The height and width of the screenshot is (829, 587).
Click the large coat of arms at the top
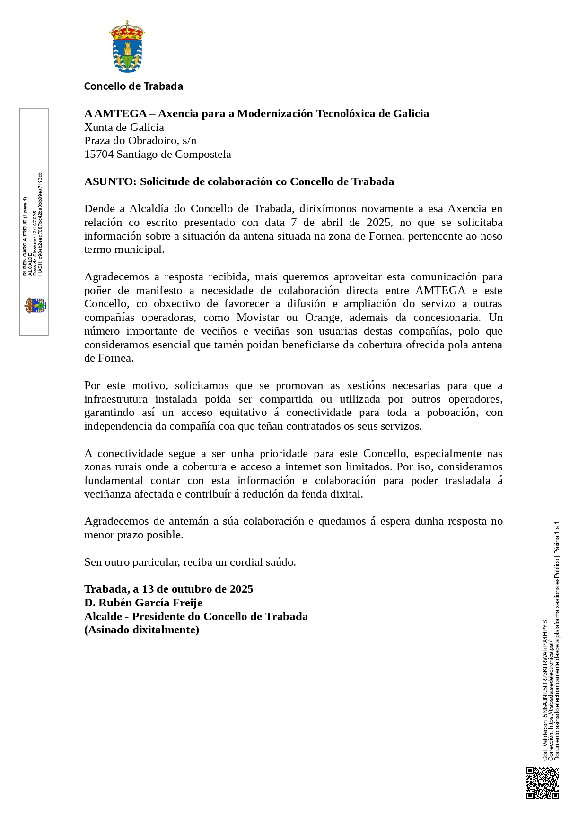pos(127,46)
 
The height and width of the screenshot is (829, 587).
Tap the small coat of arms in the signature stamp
pos(35,305)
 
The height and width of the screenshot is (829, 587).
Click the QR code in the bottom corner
pos(543,783)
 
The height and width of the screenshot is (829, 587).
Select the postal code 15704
pos(99,155)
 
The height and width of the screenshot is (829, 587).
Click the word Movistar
pos(261,318)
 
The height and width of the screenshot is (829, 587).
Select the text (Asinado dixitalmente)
pos(141,630)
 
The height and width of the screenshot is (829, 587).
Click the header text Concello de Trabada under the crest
pos(133,86)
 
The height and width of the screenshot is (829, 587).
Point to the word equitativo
pos(243,413)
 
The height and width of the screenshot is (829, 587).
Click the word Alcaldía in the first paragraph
pos(149,209)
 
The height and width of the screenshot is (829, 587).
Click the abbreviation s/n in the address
pos(189,141)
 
